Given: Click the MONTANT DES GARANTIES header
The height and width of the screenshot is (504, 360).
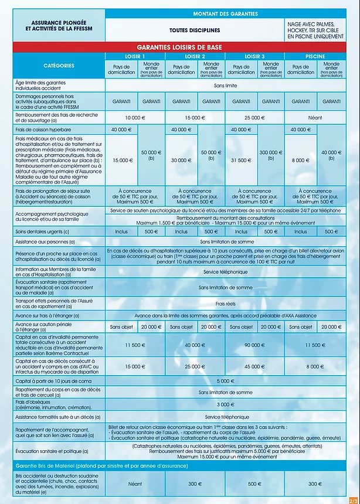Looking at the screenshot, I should pos(226,13).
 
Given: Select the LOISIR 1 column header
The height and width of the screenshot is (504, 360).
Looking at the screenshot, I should pos(135,56).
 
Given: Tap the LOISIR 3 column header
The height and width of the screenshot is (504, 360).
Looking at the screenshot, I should pos(254,56).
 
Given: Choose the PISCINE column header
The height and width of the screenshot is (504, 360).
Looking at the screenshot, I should pos(315,56).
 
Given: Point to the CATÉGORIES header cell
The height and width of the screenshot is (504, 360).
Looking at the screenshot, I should pos(58,66).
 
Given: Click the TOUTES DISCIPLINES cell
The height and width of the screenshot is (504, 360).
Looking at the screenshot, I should pos(195,30).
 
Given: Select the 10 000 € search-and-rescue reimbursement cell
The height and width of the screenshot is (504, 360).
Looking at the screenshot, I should pos(135,118).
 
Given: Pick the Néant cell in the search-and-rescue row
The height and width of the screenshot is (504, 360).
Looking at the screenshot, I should pos(315,118).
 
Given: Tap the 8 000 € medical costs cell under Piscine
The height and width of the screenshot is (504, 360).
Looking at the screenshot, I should pos(301,160).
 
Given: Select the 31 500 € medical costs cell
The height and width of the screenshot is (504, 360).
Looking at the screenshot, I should pos(241,160).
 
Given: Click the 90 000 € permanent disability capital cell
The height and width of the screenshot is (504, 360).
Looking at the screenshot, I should pos(254,345).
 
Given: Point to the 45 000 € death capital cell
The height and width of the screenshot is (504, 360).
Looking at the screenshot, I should pos(254,366).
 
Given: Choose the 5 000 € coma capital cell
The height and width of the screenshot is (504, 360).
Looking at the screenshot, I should pos(226,380).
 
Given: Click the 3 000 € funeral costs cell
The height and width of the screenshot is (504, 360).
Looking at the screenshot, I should pos(226,404).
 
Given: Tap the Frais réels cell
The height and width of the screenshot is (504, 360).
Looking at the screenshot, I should pos(226,304).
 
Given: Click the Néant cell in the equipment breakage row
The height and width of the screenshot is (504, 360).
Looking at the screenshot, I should pos(135,484).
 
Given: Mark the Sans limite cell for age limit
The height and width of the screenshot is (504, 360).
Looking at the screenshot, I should pos(226,85).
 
